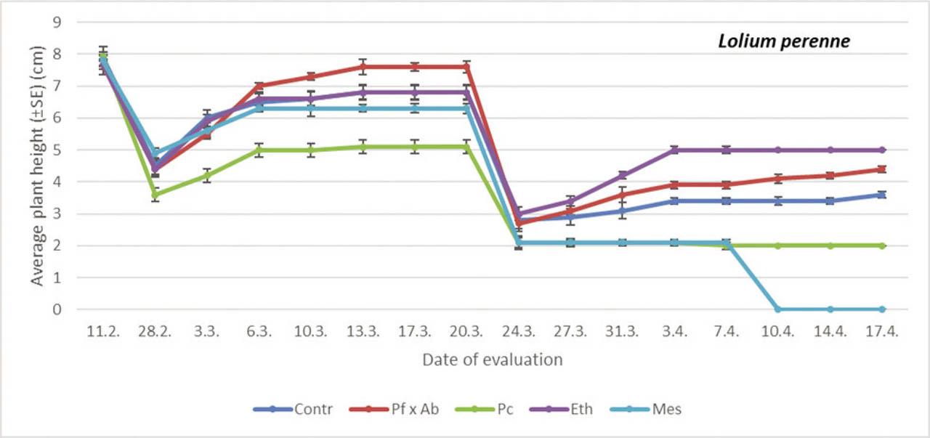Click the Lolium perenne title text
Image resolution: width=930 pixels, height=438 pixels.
(x=784, y=41)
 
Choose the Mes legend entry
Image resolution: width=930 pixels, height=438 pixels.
(x=654, y=409)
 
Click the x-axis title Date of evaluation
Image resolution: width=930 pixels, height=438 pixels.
(x=492, y=360)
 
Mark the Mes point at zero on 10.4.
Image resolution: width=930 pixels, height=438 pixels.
(x=778, y=309)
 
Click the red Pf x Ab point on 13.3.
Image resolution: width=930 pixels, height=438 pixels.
(x=363, y=67)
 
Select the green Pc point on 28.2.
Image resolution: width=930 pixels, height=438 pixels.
(x=155, y=195)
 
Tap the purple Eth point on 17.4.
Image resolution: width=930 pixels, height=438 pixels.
(x=882, y=150)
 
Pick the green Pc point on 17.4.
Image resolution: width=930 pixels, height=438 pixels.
(x=882, y=246)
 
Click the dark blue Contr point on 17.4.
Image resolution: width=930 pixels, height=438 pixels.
(x=882, y=195)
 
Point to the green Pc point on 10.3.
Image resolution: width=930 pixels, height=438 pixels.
(x=311, y=150)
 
